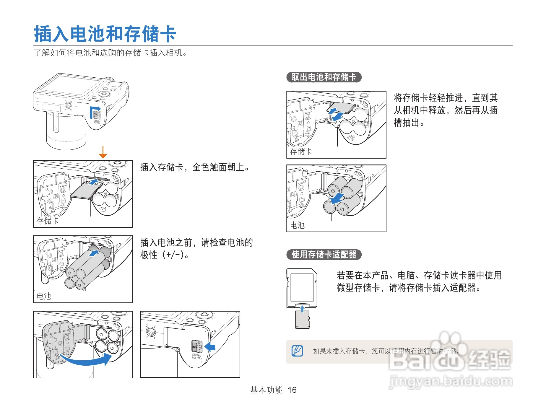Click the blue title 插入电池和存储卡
pyautogui.click(x=105, y=34)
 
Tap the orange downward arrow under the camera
pyautogui.click(x=103, y=152)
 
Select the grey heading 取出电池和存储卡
pyautogui.click(x=324, y=77)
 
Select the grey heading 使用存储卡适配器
pyautogui.click(x=324, y=255)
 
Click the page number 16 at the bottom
pyautogui.click(x=292, y=390)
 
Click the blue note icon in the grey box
pyautogui.click(x=297, y=351)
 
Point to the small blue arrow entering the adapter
pyautogui.click(x=302, y=309)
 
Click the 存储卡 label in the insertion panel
pyautogui.click(x=48, y=221)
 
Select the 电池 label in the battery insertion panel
pyautogui.click(x=44, y=296)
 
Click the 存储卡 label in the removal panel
pyautogui.click(x=301, y=152)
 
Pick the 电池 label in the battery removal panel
pyautogui.click(x=297, y=225)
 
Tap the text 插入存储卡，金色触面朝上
pyautogui.click(x=195, y=167)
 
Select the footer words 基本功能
pyautogui.click(x=266, y=390)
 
